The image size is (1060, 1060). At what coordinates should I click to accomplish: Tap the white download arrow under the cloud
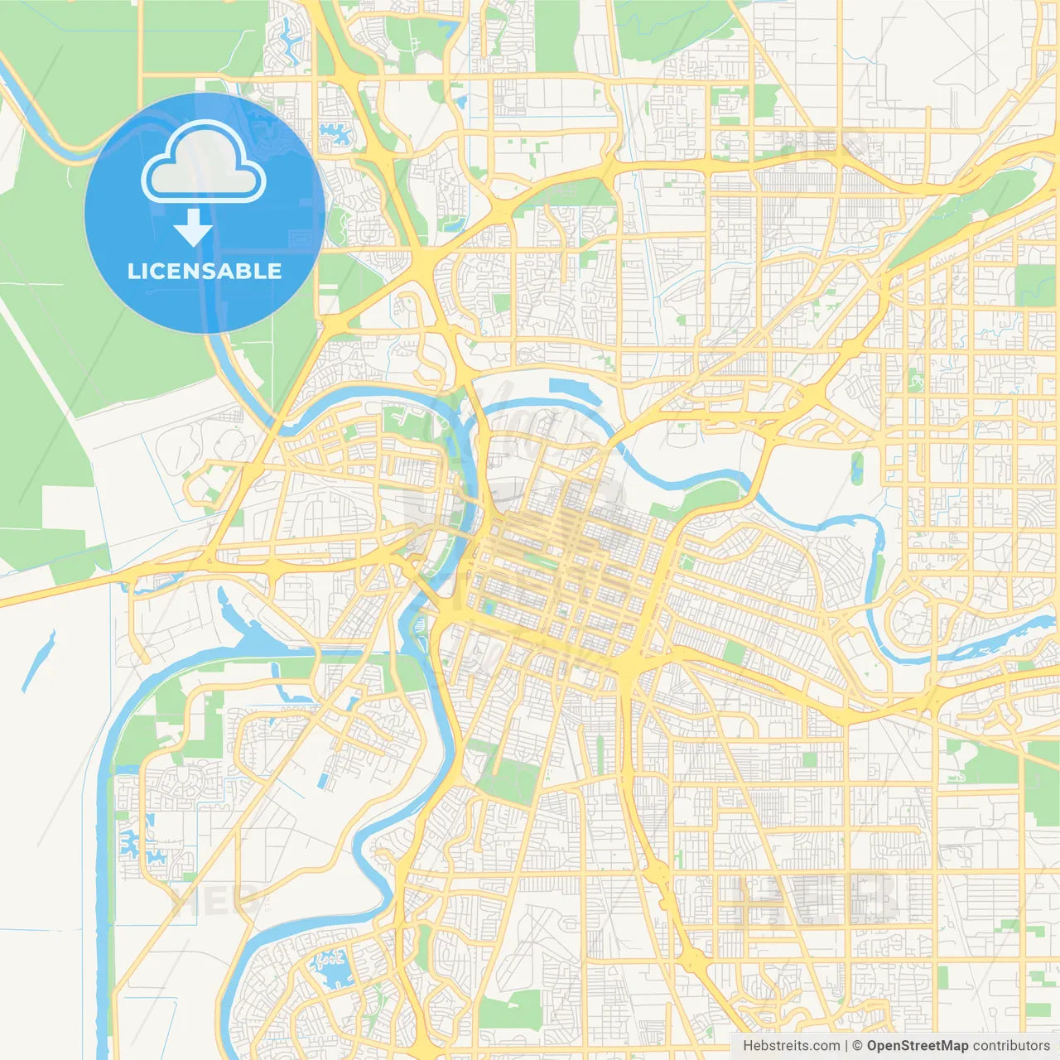193,228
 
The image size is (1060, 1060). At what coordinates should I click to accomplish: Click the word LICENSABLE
205,271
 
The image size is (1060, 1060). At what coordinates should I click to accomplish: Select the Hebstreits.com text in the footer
792,1046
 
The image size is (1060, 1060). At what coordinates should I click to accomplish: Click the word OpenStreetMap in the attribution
917,1046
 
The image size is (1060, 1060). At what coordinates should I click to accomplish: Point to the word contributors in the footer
1011,1046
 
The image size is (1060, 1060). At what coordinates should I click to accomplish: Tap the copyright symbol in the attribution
858,1046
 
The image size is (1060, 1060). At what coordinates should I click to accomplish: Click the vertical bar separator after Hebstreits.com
846,1046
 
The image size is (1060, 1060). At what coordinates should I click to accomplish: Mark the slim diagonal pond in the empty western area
39,660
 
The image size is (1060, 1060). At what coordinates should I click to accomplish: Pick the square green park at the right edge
1036,286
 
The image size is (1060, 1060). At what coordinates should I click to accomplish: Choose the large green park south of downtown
505,774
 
